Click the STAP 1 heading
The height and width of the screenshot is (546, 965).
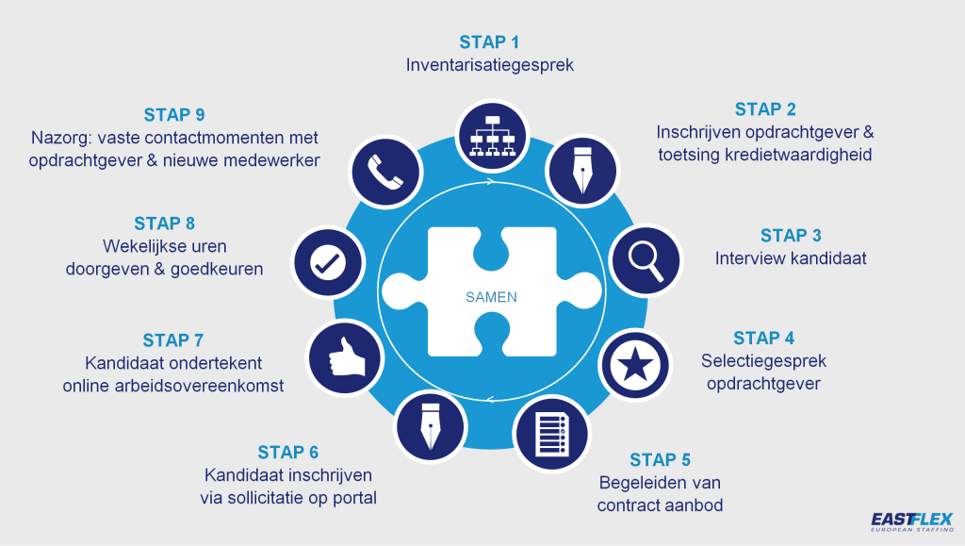tap(489, 41)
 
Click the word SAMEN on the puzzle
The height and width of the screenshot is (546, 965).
tap(491, 296)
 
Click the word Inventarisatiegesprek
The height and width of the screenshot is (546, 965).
tap(490, 66)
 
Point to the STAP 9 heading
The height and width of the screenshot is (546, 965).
tap(174, 115)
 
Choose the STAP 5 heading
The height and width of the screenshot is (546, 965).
tap(660, 460)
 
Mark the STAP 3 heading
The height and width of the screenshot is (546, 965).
tap(791, 235)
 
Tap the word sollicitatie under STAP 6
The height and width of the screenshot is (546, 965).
tap(282, 497)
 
